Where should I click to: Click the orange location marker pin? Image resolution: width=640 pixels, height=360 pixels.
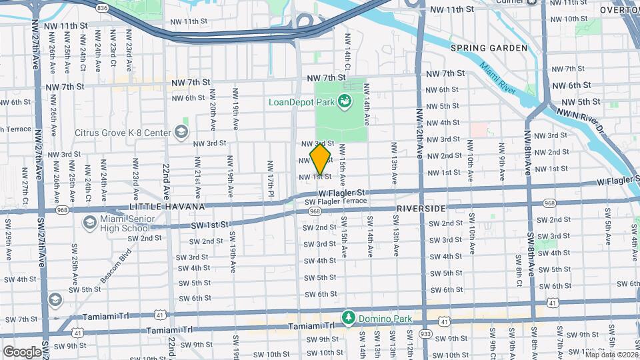click(x=320, y=159)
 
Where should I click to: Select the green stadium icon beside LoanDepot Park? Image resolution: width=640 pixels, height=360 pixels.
click(x=345, y=102)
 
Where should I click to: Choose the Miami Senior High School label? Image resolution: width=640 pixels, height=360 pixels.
click(x=125, y=224)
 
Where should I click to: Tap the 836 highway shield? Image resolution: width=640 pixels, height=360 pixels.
click(x=102, y=7)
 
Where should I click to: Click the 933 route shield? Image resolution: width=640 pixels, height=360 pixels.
click(x=425, y=332)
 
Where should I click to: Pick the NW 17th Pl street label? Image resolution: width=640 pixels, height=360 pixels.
click(x=270, y=175)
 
